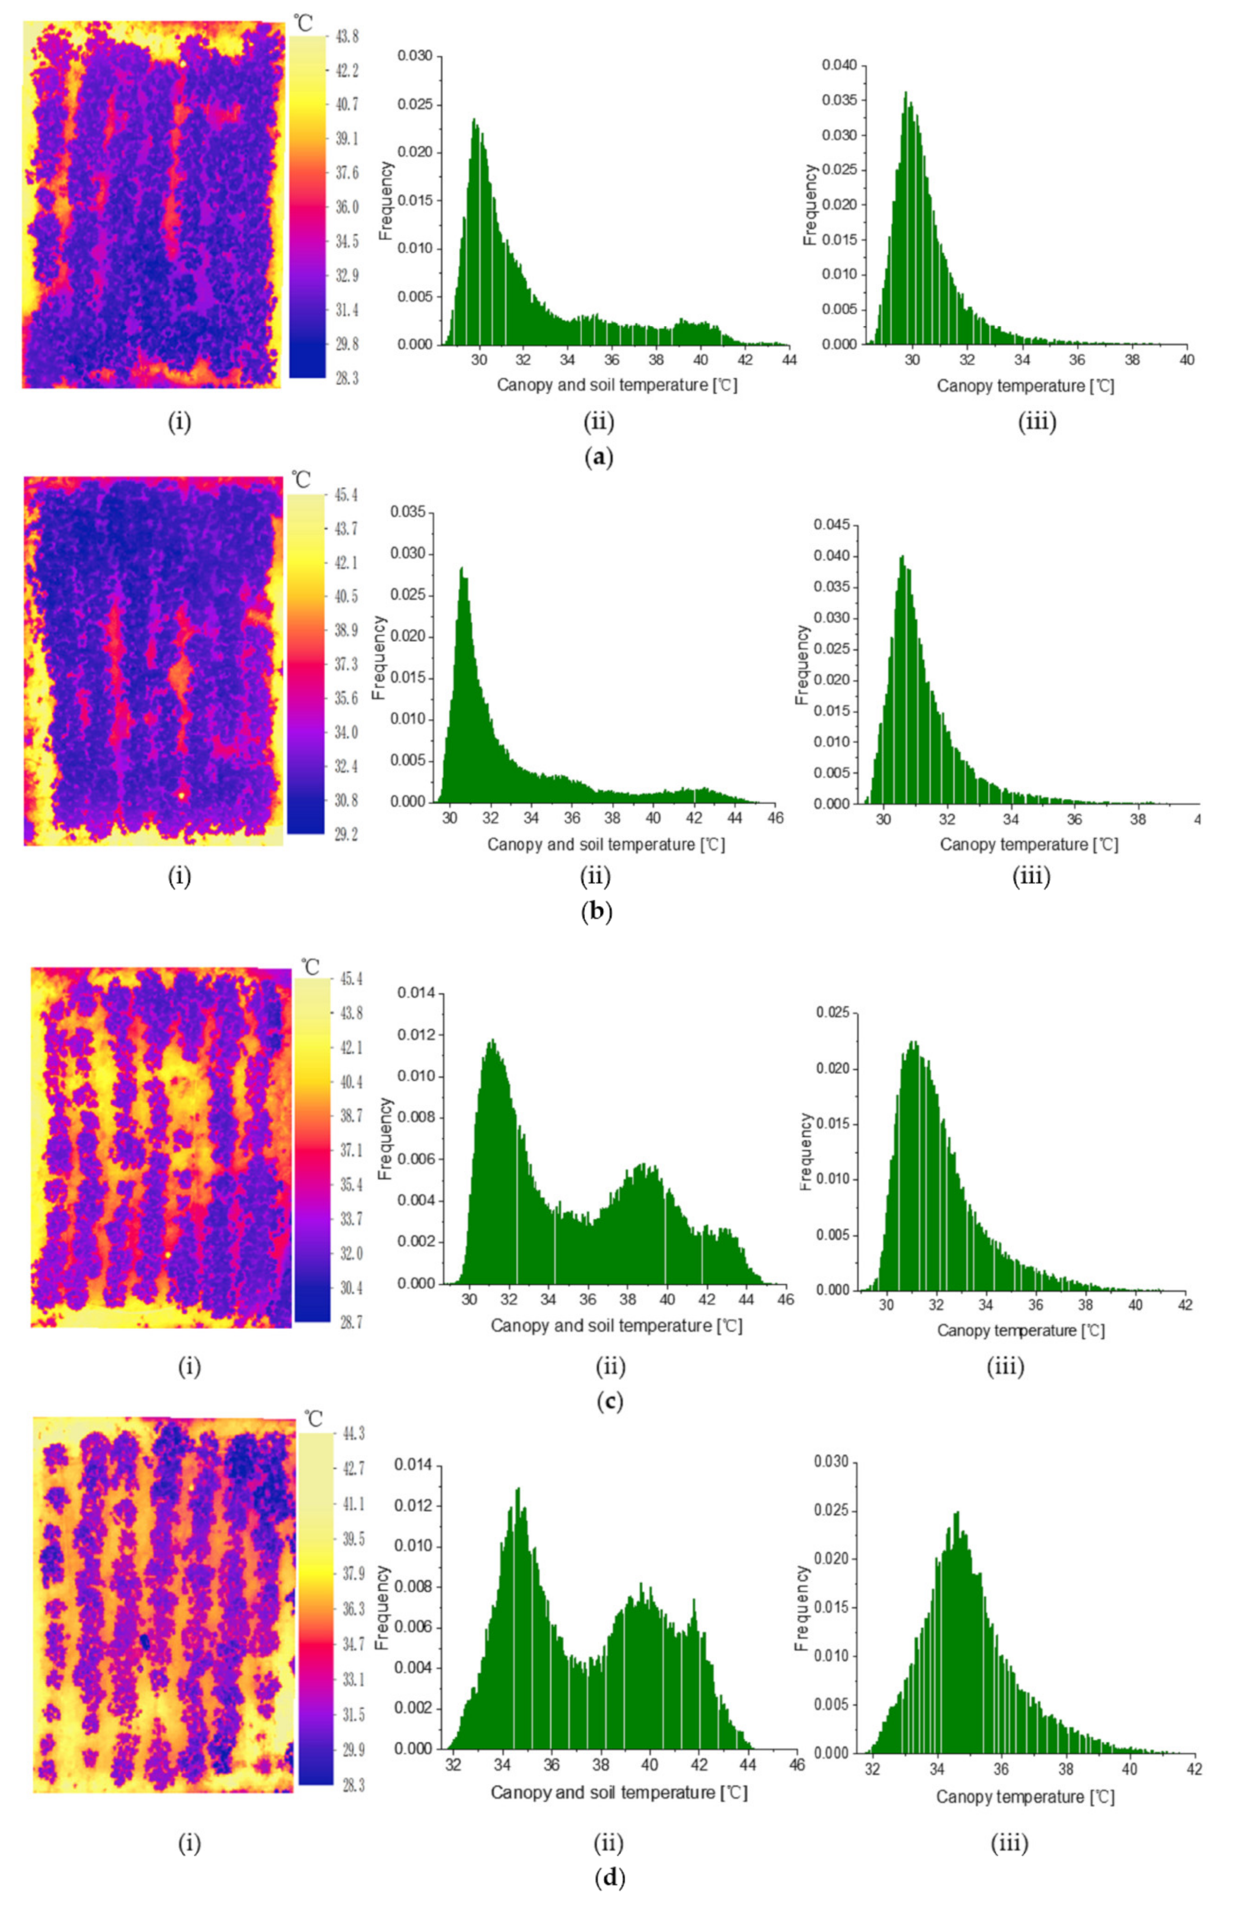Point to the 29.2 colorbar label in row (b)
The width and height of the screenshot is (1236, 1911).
pos(346,834)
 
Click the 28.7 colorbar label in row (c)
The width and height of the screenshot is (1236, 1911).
pos(351,1322)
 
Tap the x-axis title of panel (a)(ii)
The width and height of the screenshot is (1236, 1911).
pos(617,385)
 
